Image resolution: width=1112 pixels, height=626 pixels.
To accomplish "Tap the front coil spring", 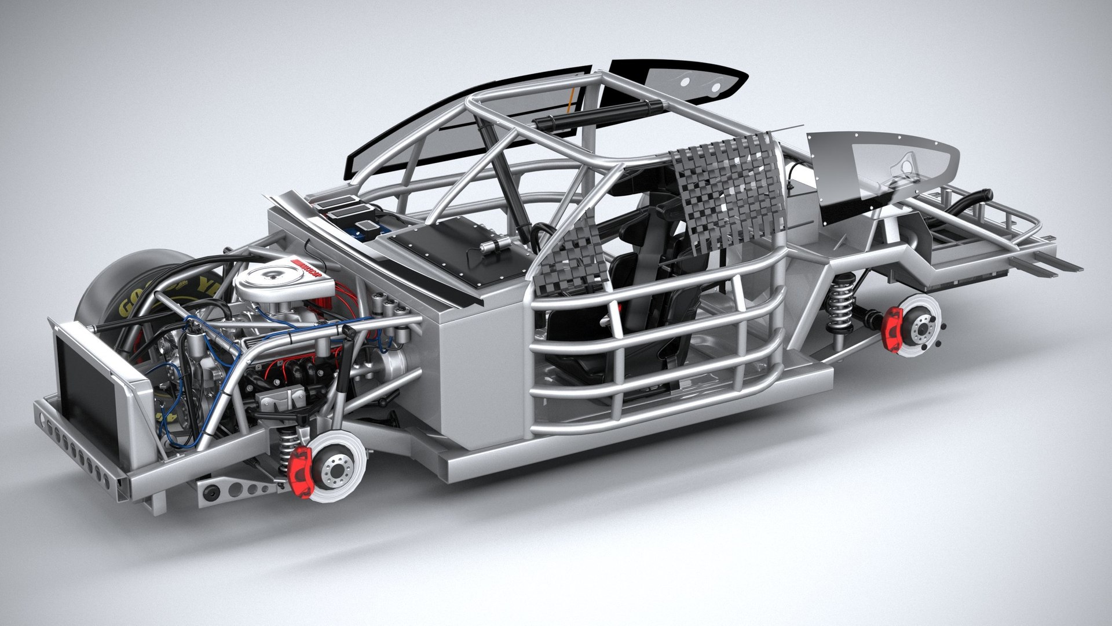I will click(286, 447).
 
